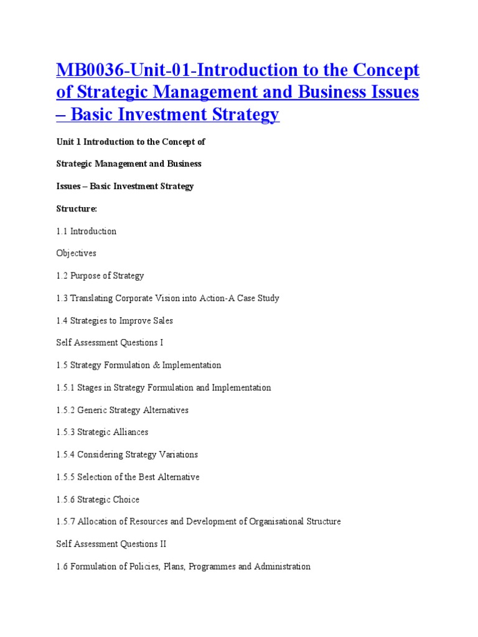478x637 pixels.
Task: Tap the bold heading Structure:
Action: click(x=77, y=208)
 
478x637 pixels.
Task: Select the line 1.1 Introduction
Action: click(x=86, y=231)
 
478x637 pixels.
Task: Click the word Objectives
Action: click(x=76, y=254)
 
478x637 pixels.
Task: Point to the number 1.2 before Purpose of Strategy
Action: click(x=62, y=276)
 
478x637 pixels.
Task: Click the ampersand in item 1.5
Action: click(x=156, y=365)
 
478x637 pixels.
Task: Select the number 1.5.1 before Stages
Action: click(x=65, y=388)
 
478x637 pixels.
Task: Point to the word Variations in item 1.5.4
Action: click(x=177, y=455)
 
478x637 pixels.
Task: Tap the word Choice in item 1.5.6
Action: click(x=126, y=500)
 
